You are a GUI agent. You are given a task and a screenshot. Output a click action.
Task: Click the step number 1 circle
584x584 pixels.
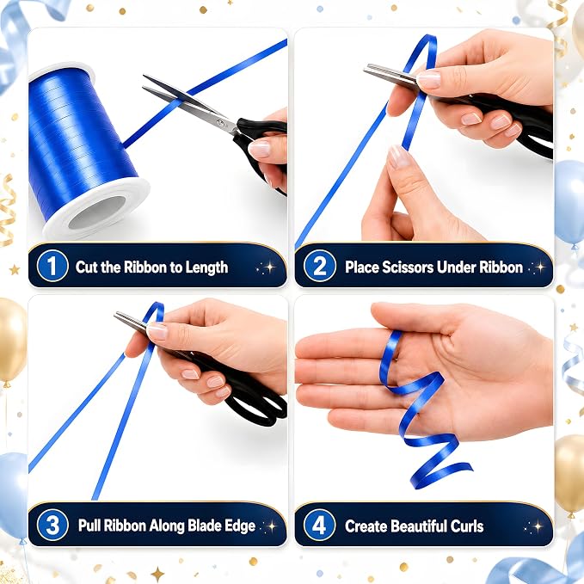click(x=52, y=266)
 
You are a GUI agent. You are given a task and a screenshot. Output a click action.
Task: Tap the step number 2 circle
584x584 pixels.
click(x=320, y=266)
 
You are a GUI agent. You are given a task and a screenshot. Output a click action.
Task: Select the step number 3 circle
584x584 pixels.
click(x=52, y=525)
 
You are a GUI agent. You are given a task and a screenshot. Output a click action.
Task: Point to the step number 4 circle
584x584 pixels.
click(x=320, y=525)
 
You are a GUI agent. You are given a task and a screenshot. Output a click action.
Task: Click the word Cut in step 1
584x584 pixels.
click(x=87, y=267)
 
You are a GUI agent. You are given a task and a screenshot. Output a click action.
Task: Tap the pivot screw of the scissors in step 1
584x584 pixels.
click(x=221, y=123)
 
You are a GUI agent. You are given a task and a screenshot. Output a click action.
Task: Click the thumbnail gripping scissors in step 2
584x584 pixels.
click(x=427, y=79)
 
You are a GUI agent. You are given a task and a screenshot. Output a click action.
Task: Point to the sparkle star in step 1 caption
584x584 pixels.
click(x=269, y=267)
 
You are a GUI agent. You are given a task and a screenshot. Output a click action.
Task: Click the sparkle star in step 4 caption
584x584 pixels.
click(x=538, y=526)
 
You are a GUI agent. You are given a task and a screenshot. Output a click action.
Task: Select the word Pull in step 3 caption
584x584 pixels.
click(x=89, y=526)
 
